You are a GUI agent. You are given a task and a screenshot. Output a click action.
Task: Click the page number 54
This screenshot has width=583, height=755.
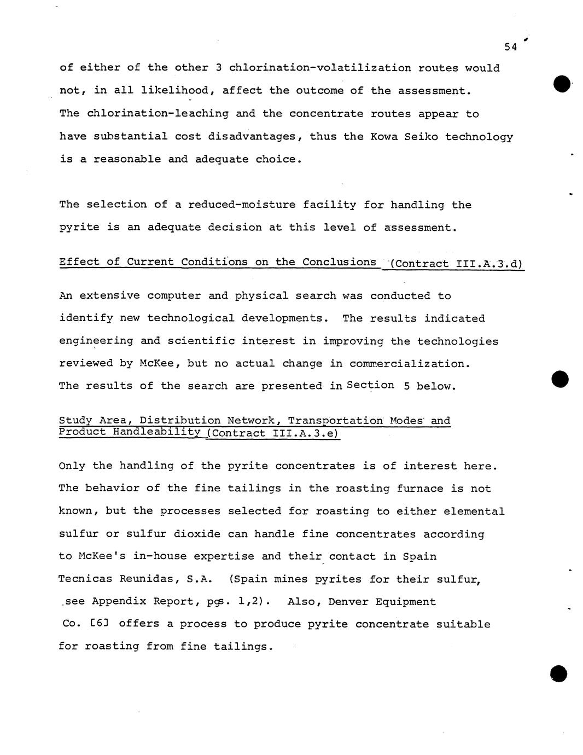[510, 48]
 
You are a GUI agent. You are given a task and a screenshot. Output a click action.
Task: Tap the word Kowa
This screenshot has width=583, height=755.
[387, 136]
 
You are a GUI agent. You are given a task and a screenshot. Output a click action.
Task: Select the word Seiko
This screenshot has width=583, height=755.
[421, 136]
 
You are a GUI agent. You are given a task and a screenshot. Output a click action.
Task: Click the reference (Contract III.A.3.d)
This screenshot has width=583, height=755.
[457, 264]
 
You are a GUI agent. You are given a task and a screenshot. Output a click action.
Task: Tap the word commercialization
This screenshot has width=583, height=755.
[410, 364]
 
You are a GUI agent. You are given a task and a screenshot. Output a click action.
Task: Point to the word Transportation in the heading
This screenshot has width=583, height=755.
[336, 421]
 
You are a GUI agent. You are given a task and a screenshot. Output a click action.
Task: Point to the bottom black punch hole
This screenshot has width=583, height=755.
[559, 674]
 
